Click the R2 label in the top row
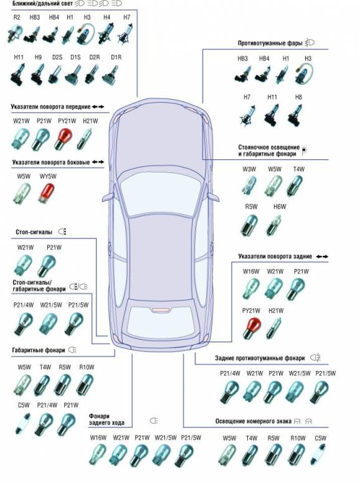pyautogui.click(x=17, y=17)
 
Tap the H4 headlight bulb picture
pyautogui.click(x=104, y=34)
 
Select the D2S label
pyautogui.click(x=57, y=57)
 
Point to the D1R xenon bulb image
pyautogui.click(x=110, y=75)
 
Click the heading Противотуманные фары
pyautogui.click(x=270, y=43)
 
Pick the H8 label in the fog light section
pyautogui.click(x=298, y=97)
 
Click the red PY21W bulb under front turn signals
pyautogui.click(x=63, y=139)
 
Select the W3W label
pyautogui.click(x=249, y=169)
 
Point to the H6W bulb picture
pyautogui.click(x=274, y=225)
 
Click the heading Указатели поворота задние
pyautogui.click(x=275, y=256)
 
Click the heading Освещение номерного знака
pyautogui.click(x=253, y=421)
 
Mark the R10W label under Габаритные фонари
pyautogui.click(x=87, y=367)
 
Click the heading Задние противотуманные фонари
pyautogui.click(x=260, y=359)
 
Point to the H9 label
pyautogui.click(x=38, y=57)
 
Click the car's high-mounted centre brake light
pyautogui.click(x=161, y=310)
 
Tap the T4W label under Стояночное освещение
pyautogui.click(x=299, y=169)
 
